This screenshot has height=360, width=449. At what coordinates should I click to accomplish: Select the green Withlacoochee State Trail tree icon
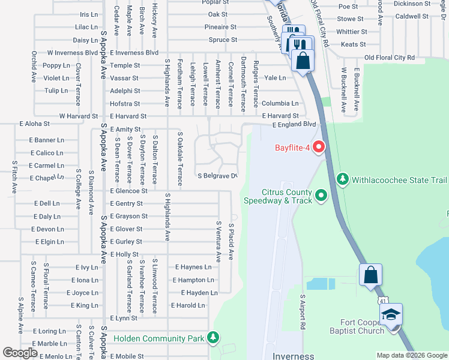(x=343, y=179)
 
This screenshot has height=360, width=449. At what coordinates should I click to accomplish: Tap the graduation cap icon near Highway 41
(x=391, y=315)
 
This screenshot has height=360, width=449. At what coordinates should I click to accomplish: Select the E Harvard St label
(x=280, y=116)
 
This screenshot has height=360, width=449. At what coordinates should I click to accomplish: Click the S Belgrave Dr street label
(x=218, y=176)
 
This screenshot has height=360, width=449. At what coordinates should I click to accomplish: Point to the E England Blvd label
(x=294, y=125)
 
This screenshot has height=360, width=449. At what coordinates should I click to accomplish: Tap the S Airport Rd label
(x=303, y=310)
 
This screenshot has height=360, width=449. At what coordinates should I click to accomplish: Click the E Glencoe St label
(x=128, y=191)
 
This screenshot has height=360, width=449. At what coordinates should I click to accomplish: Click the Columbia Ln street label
(x=279, y=103)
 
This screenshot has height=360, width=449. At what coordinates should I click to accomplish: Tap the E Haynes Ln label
(x=193, y=267)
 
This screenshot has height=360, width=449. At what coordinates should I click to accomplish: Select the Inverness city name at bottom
(x=293, y=356)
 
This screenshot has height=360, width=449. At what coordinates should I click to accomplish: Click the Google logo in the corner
(x=20, y=353)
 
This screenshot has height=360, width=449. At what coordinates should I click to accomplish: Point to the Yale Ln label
(x=275, y=78)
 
